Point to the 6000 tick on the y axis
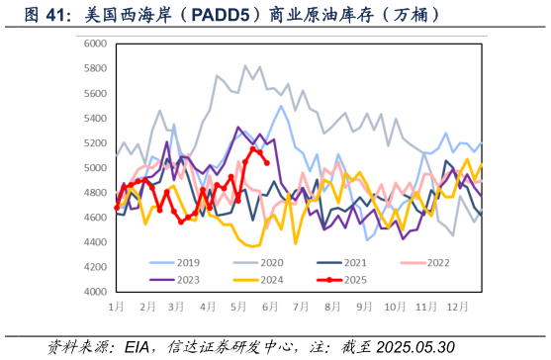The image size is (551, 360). pyautogui.click(x=96, y=44)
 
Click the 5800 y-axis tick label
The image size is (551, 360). pyautogui.click(x=96, y=68)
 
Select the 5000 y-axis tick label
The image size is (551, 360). pyautogui.click(x=96, y=168)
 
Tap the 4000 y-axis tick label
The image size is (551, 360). pyautogui.click(x=96, y=293)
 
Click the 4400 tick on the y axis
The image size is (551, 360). pyautogui.click(x=96, y=242)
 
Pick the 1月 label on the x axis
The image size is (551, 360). pyautogui.click(x=116, y=308)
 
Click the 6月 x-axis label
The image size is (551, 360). pyautogui.click(x=269, y=308)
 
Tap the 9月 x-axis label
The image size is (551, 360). pyautogui.click(x=362, y=308)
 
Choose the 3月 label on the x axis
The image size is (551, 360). pyautogui.click(x=177, y=308)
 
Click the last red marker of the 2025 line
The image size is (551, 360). pyautogui.click(x=267, y=164)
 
